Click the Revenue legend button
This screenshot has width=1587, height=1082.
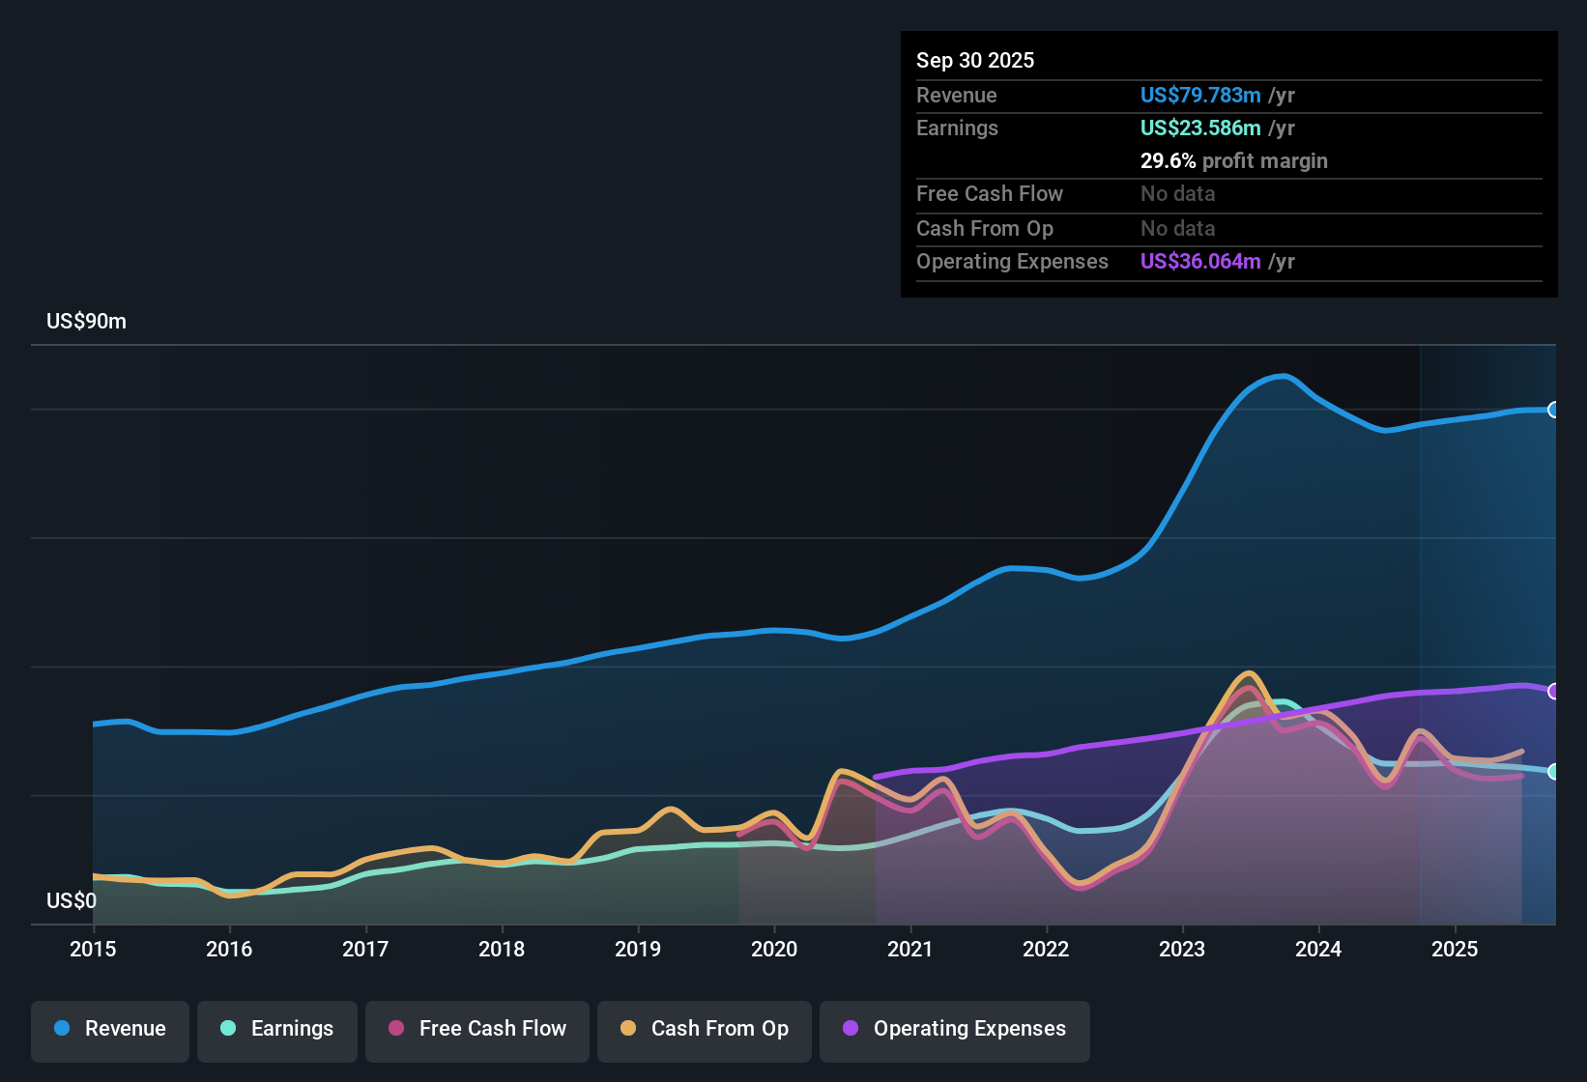tap(110, 1029)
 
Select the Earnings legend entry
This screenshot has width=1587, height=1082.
tap(277, 1029)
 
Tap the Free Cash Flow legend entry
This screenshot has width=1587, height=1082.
tap(477, 1029)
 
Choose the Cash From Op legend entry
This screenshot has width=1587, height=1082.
tap(705, 1029)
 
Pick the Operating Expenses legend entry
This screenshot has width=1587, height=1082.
tap(955, 1029)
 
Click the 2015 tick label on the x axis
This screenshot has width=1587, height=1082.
tap(93, 949)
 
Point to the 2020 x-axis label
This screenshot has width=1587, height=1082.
tap(774, 949)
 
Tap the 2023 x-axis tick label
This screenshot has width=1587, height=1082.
tap(1182, 949)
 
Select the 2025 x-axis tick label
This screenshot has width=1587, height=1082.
tap(1455, 949)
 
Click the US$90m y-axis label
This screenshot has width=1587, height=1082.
tap(86, 322)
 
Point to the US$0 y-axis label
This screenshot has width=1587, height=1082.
tap(72, 901)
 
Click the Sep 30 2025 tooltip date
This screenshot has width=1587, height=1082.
tap(975, 60)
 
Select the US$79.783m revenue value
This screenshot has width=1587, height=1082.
tap(1200, 95)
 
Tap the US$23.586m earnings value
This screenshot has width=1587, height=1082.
tap(1200, 128)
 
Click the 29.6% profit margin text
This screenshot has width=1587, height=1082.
tap(1233, 160)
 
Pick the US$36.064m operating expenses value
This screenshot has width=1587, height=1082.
tap(1200, 261)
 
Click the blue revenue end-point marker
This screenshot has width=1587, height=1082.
tap(1553, 410)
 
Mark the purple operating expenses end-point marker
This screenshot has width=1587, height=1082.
tap(1553, 691)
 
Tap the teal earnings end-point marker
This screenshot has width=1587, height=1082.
tap(1553, 771)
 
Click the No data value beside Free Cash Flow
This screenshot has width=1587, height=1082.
tap(1177, 193)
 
